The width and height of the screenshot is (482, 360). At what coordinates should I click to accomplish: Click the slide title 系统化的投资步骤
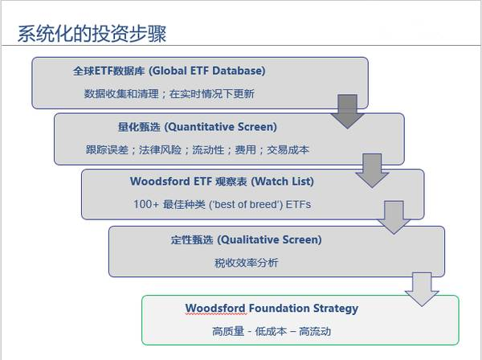pos(92,34)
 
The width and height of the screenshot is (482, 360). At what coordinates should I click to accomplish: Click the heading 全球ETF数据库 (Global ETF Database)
pos(169,71)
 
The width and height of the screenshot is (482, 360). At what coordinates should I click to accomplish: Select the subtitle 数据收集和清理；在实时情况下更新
pos(169,93)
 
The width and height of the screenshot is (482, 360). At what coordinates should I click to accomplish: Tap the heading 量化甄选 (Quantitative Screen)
pos(198,127)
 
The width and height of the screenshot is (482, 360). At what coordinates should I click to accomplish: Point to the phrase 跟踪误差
pos(107,149)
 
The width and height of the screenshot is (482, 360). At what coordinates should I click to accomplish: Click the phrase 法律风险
pos(160,149)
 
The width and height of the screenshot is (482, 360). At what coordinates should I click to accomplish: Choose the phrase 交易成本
pos(288,149)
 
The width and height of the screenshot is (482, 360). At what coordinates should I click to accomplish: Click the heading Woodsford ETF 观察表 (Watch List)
pos(222,181)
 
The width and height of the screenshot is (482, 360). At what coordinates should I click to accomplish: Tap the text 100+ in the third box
pos(146,204)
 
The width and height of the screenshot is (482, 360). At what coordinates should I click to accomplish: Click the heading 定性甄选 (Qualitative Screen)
pos(247,239)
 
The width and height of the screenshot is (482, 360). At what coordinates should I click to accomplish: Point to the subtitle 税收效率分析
pos(247,263)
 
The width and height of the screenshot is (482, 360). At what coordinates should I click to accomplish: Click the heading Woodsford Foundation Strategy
pos(272,309)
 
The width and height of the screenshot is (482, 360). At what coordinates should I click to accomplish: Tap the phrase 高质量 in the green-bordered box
pos(228,331)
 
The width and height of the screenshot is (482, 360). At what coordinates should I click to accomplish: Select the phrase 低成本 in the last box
pos(271,331)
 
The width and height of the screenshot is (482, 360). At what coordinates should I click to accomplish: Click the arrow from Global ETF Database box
pos(347,111)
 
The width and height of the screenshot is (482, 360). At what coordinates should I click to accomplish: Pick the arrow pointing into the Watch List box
pos(372,170)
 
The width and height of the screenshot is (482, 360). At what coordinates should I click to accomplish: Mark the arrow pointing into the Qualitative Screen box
pos(394,217)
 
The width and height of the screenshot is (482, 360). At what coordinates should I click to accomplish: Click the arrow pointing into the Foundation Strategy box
pos(422,289)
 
